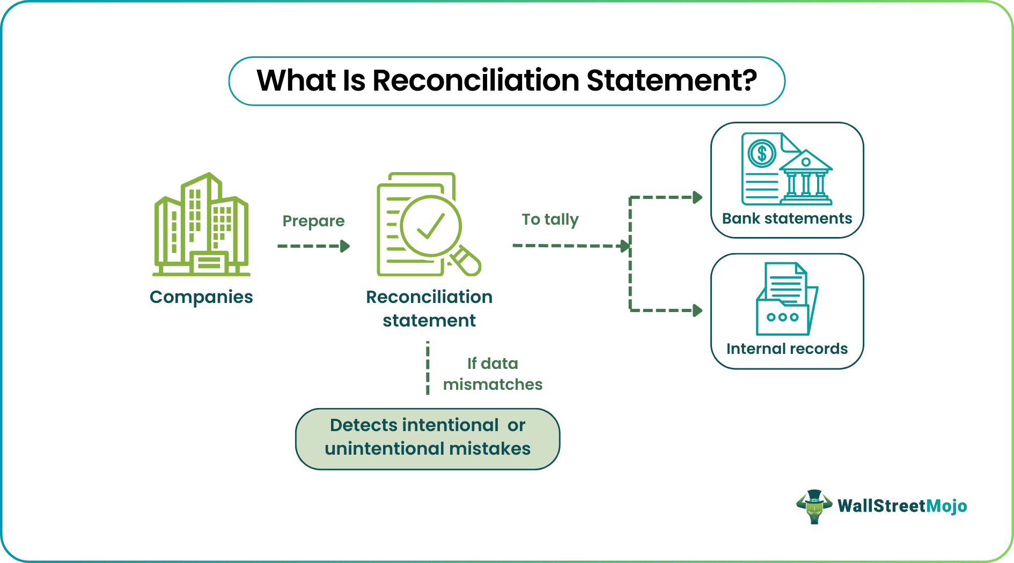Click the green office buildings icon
tap(201, 225)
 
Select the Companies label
tap(201, 297)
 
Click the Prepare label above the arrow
tap(313, 221)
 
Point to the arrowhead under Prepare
tap(345, 246)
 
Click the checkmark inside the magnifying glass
tap(430, 226)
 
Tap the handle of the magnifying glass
tap(466, 262)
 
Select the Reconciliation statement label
tap(429, 308)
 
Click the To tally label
tap(550, 220)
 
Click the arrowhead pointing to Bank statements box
tap(697, 197)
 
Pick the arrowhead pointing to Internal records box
tap(697, 310)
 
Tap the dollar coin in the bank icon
tap(761, 154)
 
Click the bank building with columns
tap(805, 179)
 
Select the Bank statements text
tap(787, 219)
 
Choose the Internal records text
tap(787, 349)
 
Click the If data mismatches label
tap(493, 374)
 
